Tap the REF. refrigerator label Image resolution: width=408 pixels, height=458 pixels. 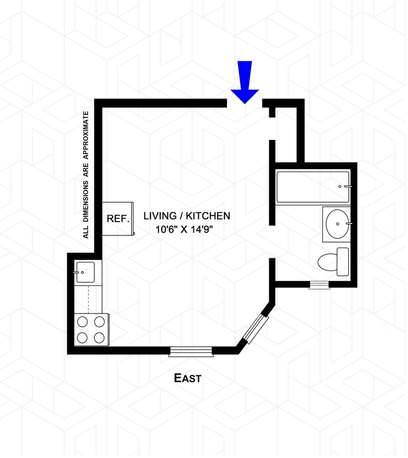tap(118, 218)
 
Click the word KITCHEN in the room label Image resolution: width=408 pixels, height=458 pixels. tap(210, 216)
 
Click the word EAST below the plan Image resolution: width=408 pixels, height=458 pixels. tap(188, 379)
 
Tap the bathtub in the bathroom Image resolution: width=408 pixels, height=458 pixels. tap(312, 187)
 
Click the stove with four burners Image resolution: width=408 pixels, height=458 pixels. tap(90, 329)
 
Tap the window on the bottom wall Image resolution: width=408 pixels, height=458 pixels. tap(191, 350)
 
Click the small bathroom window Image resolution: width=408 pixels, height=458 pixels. tap(320, 285)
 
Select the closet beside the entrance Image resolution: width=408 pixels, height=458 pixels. tap(286, 132)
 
